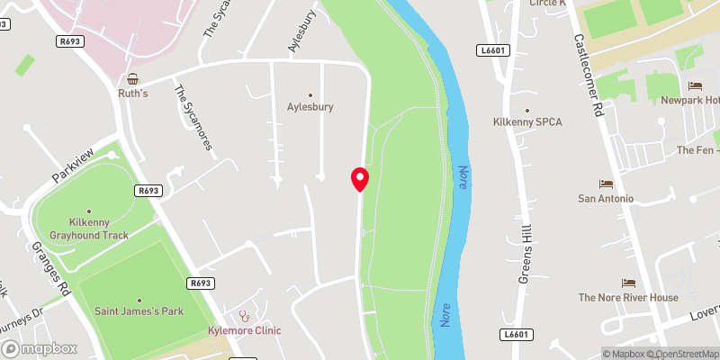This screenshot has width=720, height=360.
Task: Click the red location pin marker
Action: click(359, 179)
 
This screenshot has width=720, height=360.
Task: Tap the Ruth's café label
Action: click(132, 93)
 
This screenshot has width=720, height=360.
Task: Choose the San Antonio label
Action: click(606, 198)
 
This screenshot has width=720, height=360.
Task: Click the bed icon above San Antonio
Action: click(606, 184)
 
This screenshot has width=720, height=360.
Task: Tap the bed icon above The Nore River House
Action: click(628, 283)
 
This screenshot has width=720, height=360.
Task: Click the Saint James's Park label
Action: click(139, 311)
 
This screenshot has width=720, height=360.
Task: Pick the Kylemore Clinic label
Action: click(245, 330)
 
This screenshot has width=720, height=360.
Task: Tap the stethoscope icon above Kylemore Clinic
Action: click(243, 316)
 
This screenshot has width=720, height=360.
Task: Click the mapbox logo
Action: click(39, 348)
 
